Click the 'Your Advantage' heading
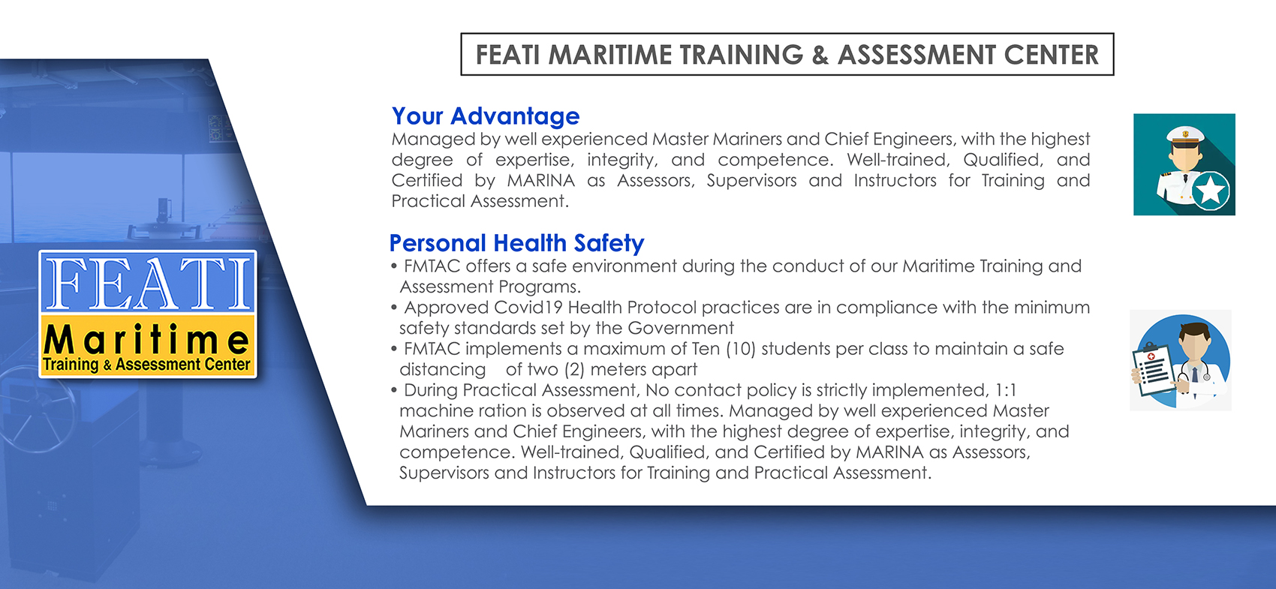[x=486, y=117]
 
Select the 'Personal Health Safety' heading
[x=516, y=243]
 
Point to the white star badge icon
[x=1210, y=191]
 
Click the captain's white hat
[x=1185, y=135]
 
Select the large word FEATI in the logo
[x=148, y=283]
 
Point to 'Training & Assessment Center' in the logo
[x=146, y=365]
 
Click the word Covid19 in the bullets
[x=528, y=308]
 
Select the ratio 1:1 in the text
[x=1006, y=390]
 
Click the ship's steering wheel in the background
[x=38, y=408]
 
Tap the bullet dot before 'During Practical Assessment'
[x=393, y=391]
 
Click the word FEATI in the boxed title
[x=507, y=55]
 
